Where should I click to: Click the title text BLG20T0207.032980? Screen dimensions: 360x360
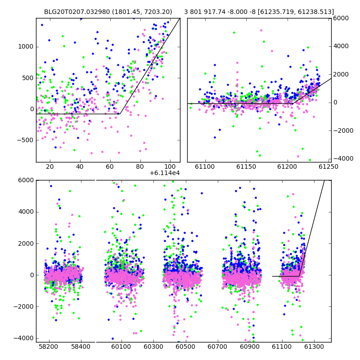click(77, 12)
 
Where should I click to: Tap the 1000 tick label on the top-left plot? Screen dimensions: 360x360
click(26, 47)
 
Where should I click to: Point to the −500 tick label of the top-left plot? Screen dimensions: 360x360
click(25, 140)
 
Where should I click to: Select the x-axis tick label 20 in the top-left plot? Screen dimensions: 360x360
click(50, 166)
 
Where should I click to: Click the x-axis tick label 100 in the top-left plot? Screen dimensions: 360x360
click(170, 166)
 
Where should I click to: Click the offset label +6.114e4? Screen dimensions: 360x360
click(165, 173)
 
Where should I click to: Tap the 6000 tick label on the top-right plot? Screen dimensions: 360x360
click(341, 18)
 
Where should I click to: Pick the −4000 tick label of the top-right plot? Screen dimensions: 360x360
click(343, 158)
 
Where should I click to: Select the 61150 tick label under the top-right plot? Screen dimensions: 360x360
click(246, 166)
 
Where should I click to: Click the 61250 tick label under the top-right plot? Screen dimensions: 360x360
click(328, 166)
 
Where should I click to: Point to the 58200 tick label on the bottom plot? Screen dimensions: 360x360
click(49, 346)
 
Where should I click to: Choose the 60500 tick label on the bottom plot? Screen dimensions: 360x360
click(185, 346)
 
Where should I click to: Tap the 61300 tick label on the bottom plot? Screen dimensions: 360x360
click(314, 346)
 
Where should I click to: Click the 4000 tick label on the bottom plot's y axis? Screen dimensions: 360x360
click(26, 211)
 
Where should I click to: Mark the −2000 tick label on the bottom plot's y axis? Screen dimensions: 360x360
click(24, 307)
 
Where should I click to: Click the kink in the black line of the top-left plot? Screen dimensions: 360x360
click(120, 114)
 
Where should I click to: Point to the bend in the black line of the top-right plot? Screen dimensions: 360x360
click(292, 104)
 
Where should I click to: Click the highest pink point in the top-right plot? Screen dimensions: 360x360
click(261, 30)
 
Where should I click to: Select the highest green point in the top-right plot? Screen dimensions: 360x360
click(234, 32)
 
